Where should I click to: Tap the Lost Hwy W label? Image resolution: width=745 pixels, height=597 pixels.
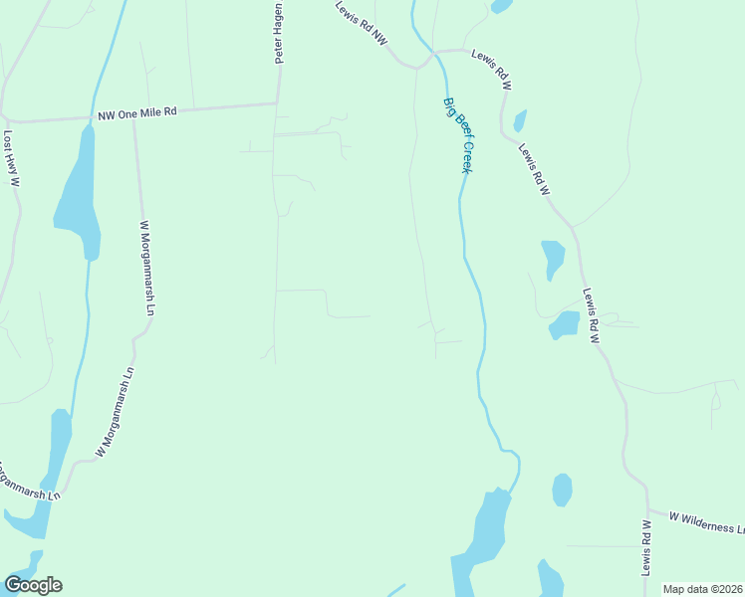pyautogui.click(x=12, y=159)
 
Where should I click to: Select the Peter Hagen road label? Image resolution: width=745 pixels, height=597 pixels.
pyautogui.click(x=280, y=34)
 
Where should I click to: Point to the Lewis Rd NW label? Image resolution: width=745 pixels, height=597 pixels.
pyautogui.click(x=361, y=22)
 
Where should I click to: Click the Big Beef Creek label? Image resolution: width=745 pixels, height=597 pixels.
pyautogui.click(x=457, y=134)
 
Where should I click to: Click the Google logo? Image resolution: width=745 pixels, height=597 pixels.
pyautogui.click(x=33, y=585)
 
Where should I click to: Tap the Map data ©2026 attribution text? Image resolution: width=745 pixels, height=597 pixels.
pyautogui.click(x=703, y=589)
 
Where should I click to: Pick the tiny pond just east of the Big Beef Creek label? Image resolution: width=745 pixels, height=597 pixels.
pyautogui.click(x=519, y=121)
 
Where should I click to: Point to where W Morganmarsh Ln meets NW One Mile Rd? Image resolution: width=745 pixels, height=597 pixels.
pyautogui.click(x=133, y=118)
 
